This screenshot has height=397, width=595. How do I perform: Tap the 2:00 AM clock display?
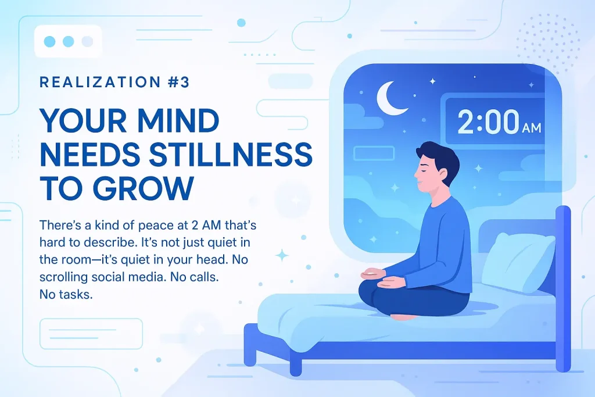click(495, 121)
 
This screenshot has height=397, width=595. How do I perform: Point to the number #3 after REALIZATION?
click(178, 83)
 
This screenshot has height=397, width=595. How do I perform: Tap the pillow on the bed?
click(518, 262)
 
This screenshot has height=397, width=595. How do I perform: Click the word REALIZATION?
click(100, 83)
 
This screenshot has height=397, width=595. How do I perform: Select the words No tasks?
click(66, 294)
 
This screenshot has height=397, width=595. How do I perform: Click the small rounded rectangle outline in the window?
click(374, 153)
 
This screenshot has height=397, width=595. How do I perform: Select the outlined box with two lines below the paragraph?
click(91, 334)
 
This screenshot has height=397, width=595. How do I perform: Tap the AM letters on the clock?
click(532, 128)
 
